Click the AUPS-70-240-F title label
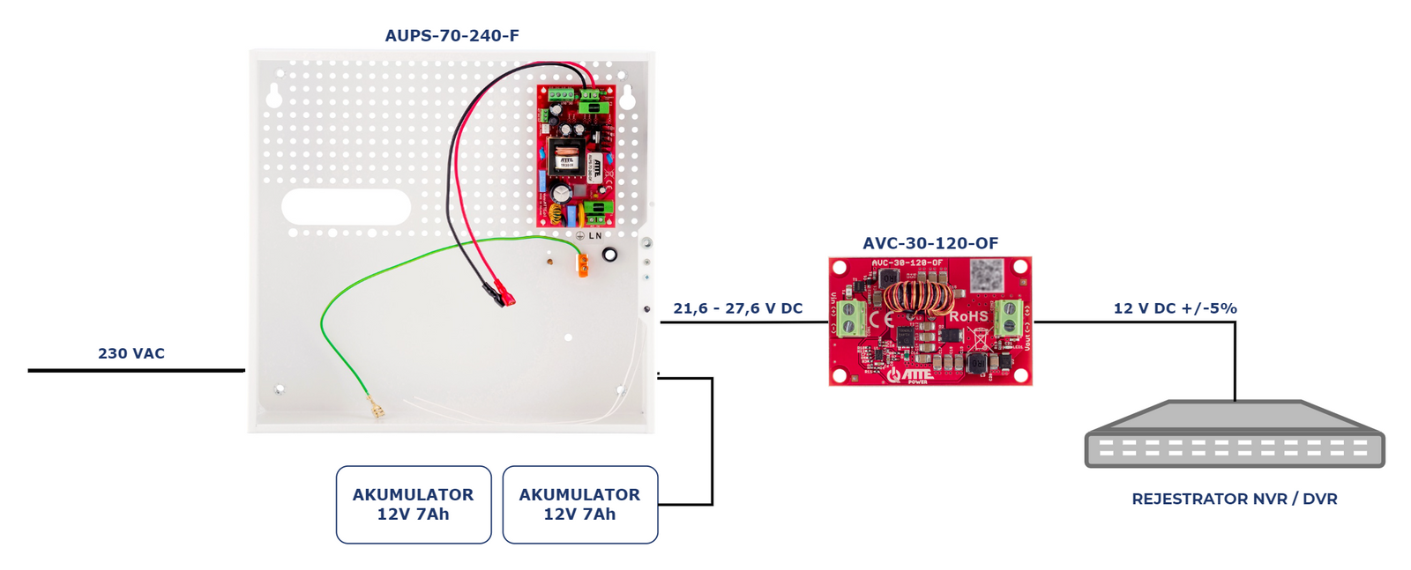tap(452, 36)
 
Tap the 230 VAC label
tap(131, 353)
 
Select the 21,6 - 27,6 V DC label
tap(737, 308)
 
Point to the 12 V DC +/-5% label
tap(1175, 308)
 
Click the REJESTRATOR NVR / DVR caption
tap(1234, 499)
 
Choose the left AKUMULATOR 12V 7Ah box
tap(413, 505)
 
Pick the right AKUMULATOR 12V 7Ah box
tap(579, 505)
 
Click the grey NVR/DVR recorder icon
tap(1234, 435)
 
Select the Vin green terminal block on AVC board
tap(851, 318)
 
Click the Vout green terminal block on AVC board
tap(1008, 317)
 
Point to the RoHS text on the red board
tap(967, 316)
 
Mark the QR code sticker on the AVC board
tap(986, 276)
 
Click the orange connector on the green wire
tap(583, 264)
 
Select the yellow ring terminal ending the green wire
tap(377, 410)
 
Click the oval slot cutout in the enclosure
tap(346, 207)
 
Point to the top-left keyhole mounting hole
tap(274, 96)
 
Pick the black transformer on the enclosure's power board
tap(564, 159)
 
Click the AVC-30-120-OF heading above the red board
tap(929, 243)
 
